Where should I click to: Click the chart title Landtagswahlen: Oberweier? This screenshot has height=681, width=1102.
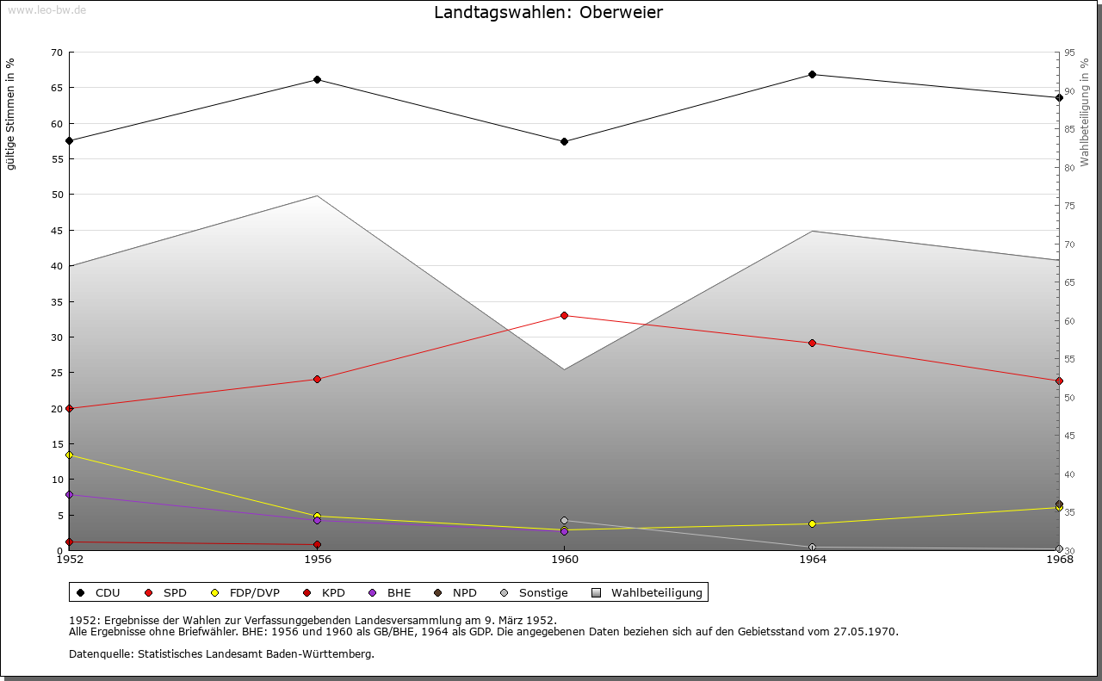548,13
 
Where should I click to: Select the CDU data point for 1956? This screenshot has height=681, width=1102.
317,80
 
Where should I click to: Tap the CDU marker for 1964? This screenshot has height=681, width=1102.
812,74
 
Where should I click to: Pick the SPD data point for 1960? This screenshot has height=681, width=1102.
564,316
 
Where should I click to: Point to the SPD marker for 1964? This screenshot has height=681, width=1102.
812,344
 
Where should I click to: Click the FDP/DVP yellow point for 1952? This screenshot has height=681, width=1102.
69,455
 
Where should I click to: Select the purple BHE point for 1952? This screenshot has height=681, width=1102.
69,495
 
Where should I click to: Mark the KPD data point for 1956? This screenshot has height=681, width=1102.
317,545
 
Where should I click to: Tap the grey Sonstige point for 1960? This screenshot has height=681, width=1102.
564,521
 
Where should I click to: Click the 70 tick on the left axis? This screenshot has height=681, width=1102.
57,53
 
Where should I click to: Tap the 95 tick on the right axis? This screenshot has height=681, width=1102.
1070,53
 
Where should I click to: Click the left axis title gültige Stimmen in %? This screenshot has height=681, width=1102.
11,115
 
